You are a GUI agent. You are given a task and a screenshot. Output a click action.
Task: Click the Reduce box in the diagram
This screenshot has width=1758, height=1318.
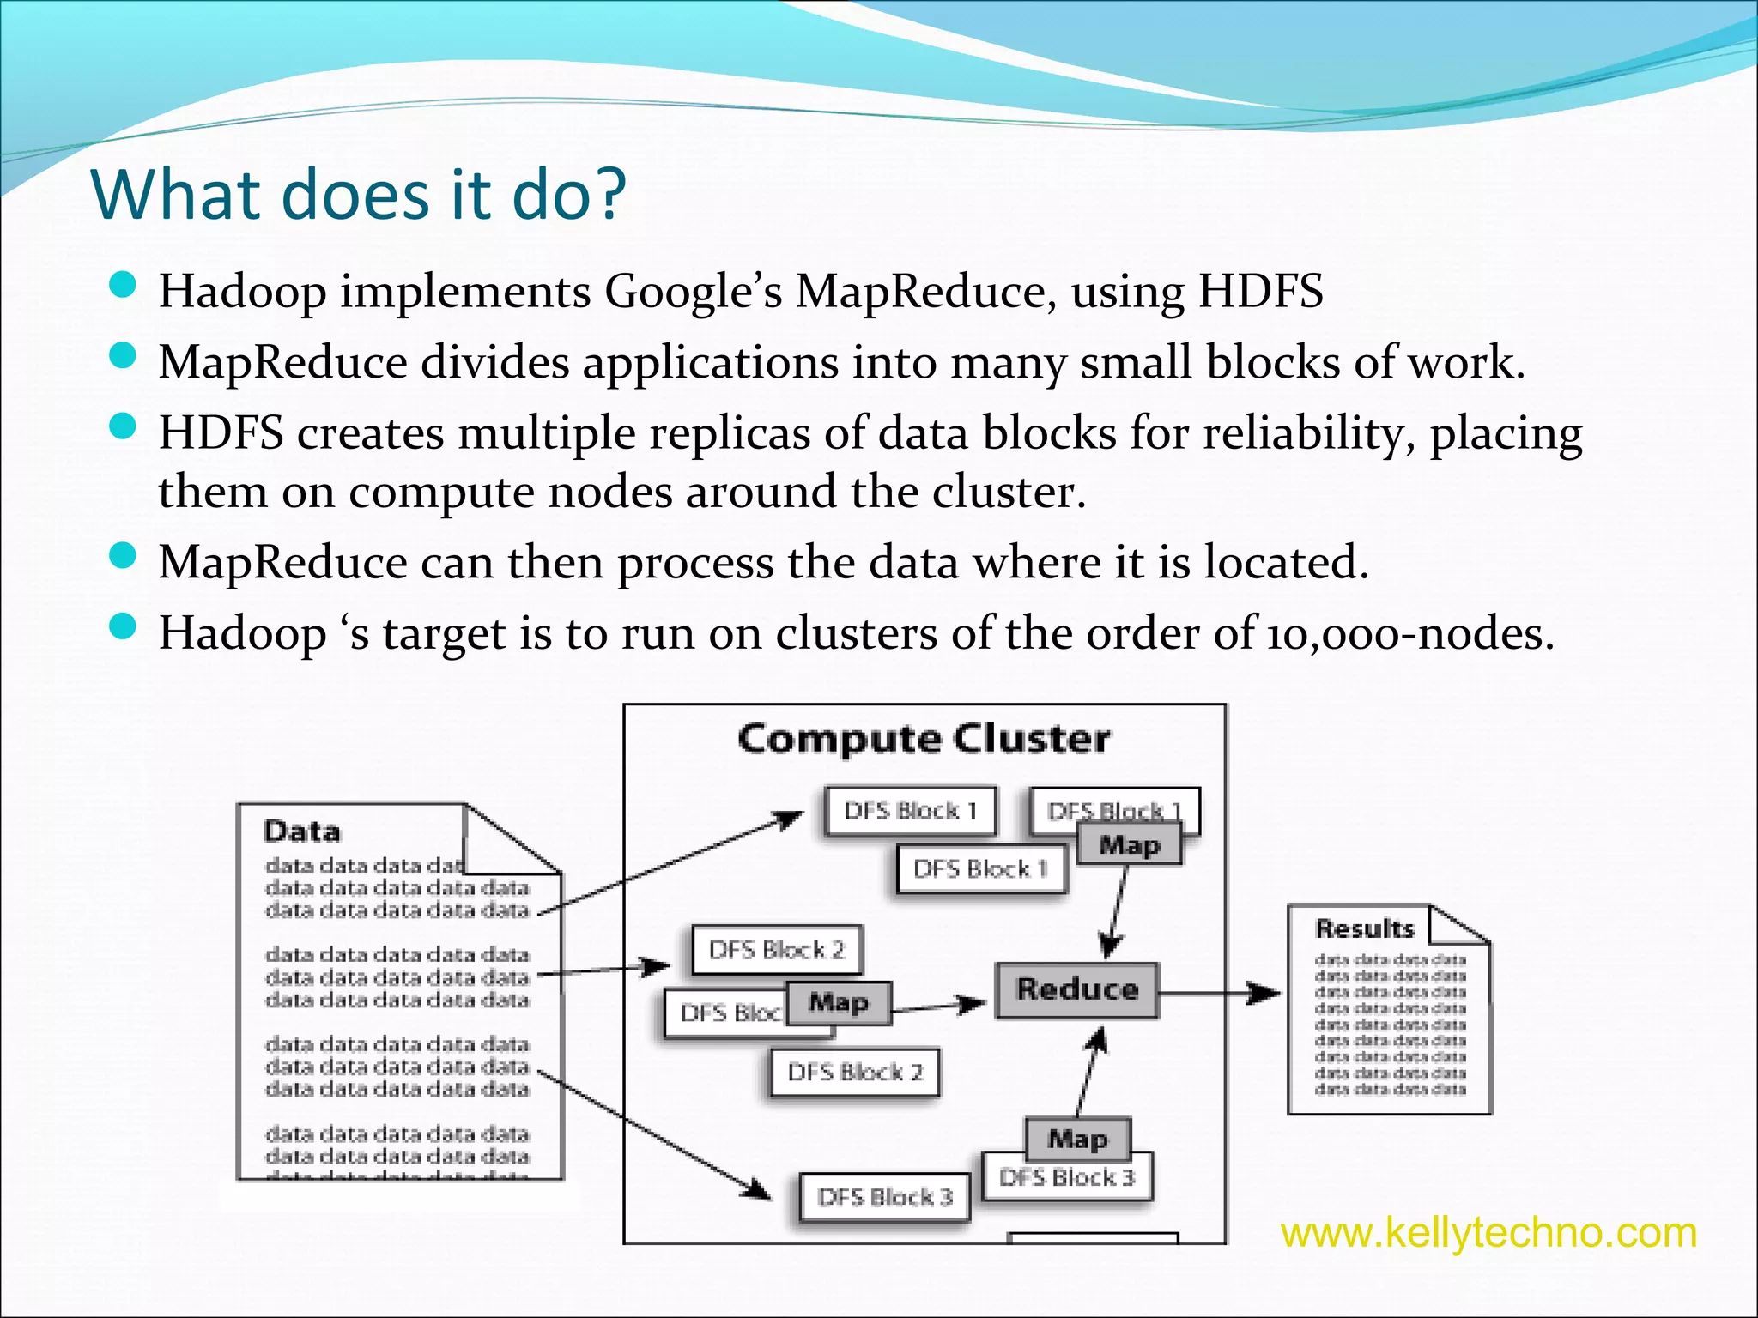click(1076, 989)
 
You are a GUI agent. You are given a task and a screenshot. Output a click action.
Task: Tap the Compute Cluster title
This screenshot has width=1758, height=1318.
click(924, 739)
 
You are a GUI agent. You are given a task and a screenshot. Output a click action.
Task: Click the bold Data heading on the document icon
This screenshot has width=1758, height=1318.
click(302, 831)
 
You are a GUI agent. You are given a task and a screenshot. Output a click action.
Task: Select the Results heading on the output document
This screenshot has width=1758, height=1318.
click(1364, 928)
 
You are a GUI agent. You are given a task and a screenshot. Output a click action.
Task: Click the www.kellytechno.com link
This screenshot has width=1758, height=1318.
click(1488, 1233)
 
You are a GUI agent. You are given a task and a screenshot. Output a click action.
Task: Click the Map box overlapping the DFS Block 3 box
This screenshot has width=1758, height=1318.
click(1078, 1139)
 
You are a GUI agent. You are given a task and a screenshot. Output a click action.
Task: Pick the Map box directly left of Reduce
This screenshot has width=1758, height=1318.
click(839, 1002)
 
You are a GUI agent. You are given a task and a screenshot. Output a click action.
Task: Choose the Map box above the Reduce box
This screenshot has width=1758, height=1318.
click(1129, 845)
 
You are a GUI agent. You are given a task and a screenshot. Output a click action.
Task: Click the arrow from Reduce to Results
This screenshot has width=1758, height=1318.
click(1219, 994)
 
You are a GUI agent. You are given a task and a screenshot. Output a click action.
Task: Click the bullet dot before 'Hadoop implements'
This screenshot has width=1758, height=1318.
click(124, 285)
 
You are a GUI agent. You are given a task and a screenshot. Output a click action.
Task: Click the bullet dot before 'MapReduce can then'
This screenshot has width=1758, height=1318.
click(124, 556)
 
